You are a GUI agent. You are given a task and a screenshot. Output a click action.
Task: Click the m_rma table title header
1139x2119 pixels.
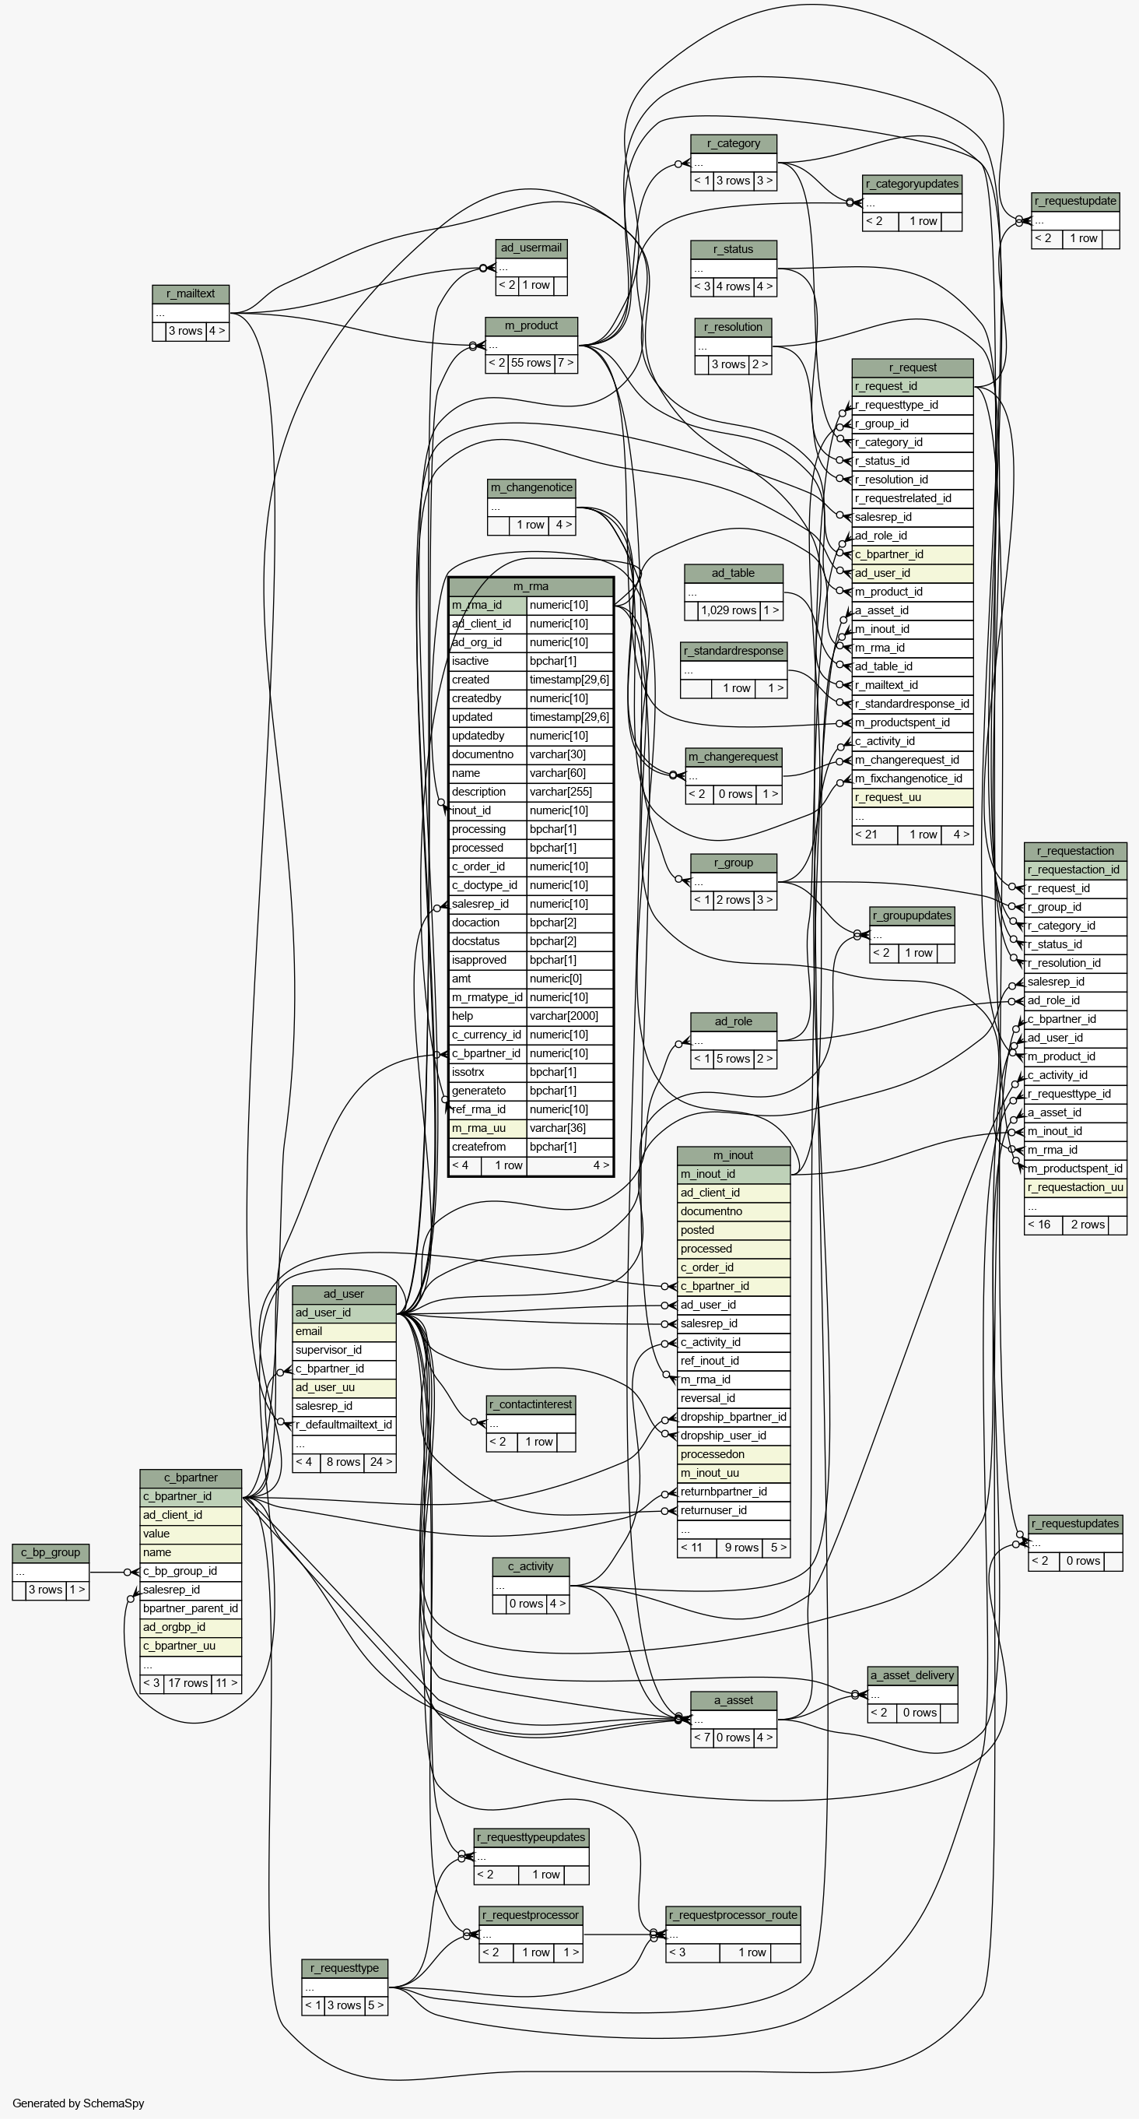(531, 586)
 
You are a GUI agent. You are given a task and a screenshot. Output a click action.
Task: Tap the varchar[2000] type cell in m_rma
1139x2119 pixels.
(569, 1016)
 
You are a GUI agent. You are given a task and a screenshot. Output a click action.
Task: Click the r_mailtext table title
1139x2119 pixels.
(191, 293)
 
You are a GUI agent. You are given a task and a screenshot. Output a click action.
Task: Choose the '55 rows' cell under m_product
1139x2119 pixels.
(531, 363)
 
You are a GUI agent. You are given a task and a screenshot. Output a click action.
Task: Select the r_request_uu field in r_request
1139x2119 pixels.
(913, 797)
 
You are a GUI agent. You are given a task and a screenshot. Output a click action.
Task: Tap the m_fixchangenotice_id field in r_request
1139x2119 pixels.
(913, 778)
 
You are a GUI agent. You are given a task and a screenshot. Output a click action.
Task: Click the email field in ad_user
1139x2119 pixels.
(345, 1331)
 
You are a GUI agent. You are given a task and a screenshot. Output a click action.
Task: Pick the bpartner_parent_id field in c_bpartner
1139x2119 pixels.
(191, 1608)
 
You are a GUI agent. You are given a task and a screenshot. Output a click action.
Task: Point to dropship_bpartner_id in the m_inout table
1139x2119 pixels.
(734, 1417)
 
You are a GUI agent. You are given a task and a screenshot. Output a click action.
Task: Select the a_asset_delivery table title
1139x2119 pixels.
(913, 1674)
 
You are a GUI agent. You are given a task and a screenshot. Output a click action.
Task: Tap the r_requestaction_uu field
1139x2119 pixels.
(1076, 1187)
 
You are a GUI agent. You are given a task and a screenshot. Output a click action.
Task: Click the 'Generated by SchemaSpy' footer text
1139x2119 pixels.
(79, 2103)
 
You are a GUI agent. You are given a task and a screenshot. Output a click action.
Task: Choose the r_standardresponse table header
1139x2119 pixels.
(734, 651)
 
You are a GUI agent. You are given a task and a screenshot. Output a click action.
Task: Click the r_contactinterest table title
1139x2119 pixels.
(531, 1404)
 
